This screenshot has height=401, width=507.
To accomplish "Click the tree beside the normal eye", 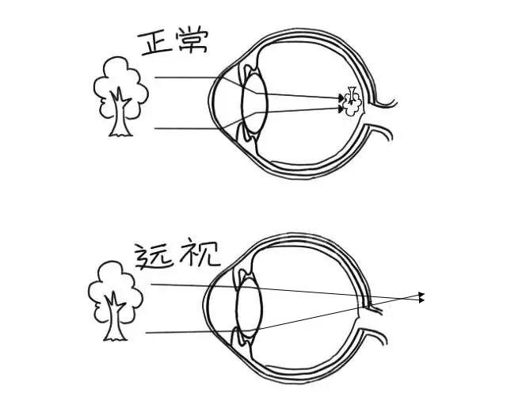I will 120,91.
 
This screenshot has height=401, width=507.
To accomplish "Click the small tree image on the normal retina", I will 352,99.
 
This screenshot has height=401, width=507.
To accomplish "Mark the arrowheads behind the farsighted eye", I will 421,297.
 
